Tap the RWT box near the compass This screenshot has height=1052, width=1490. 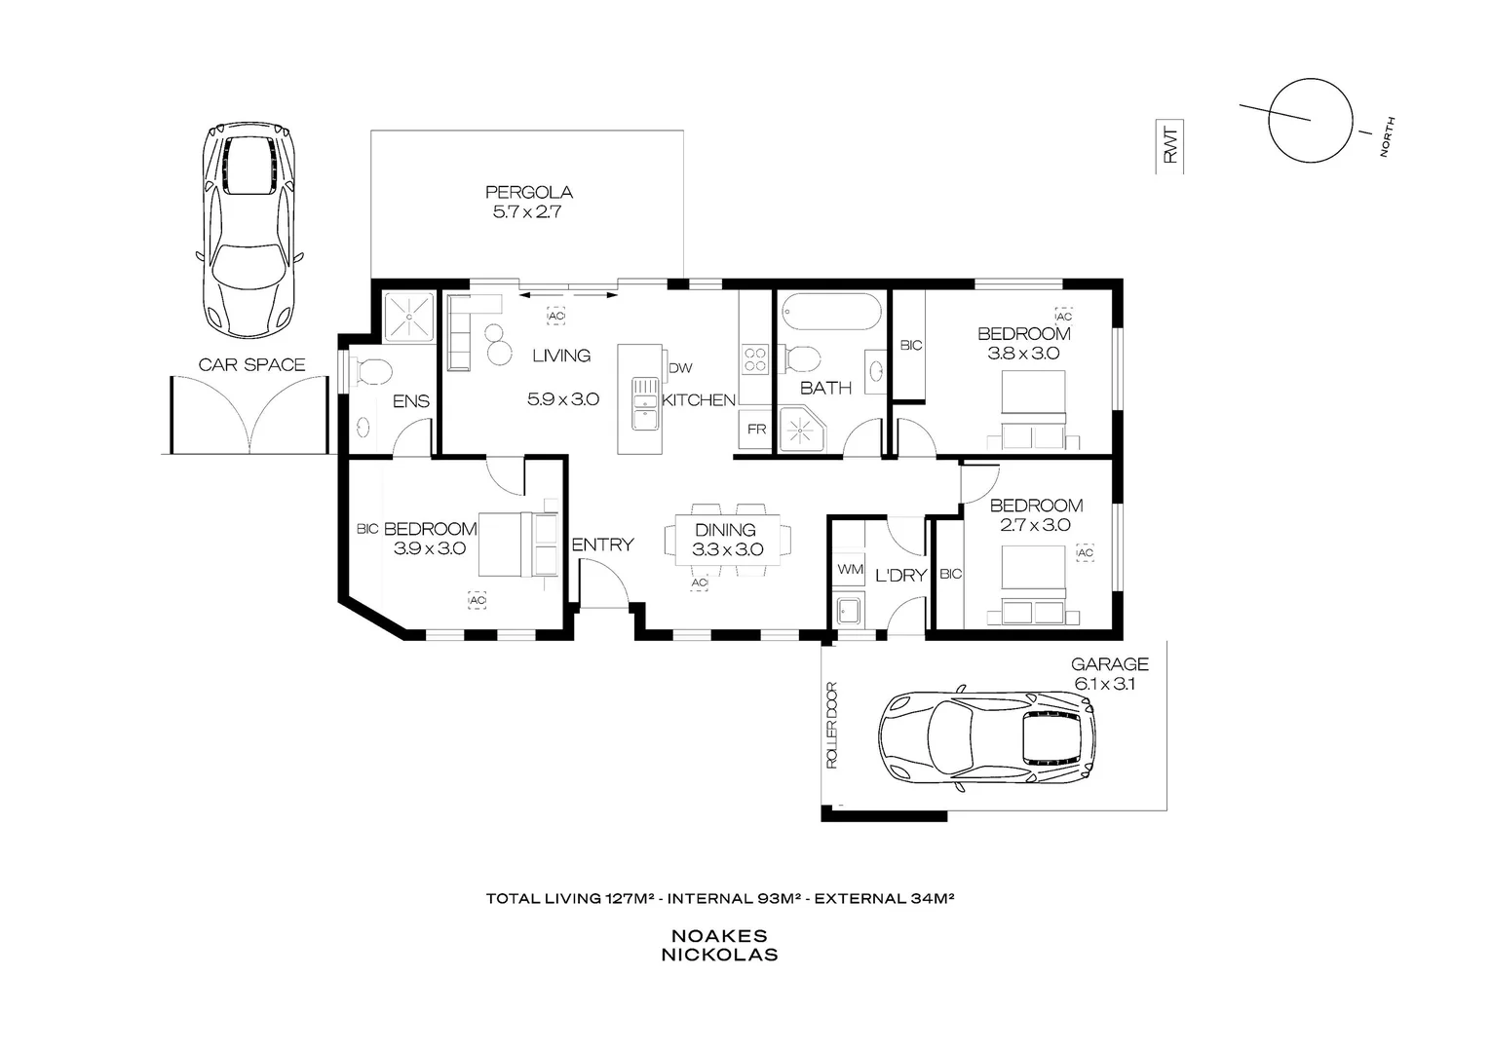(1170, 147)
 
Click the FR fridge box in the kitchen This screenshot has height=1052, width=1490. (756, 429)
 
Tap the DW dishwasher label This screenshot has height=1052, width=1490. (679, 368)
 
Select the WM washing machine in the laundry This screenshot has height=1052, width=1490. (849, 568)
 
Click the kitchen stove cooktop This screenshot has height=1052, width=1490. (754, 360)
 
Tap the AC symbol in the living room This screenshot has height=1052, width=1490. (555, 317)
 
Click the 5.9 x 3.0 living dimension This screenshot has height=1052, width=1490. (562, 398)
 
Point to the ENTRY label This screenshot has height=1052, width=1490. (602, 545)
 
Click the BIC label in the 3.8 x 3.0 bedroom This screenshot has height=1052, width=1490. (910, 345)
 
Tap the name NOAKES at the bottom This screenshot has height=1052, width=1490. (719, 935)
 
